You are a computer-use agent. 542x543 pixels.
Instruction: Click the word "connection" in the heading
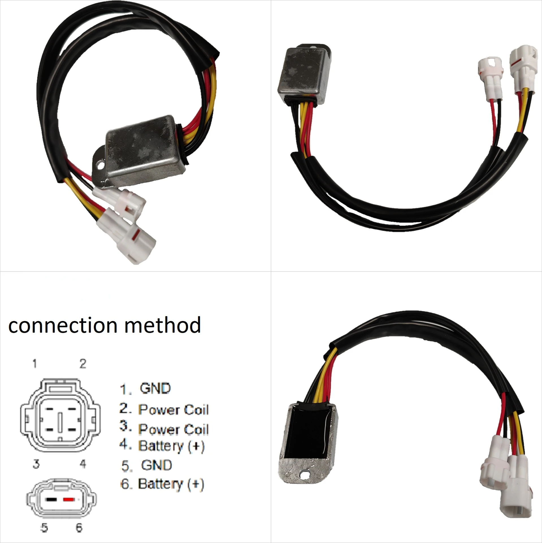pos(63,325)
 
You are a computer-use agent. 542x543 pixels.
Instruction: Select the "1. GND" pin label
pos(146,389)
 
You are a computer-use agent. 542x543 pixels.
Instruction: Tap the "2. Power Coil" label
pos(164,409)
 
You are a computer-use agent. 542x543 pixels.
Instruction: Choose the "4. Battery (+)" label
pos(162,446)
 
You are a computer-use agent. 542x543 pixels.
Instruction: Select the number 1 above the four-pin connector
pos(35,363)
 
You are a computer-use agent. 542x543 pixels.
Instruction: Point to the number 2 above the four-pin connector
pos(83,363)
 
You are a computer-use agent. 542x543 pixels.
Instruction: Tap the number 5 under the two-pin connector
pos(44,527)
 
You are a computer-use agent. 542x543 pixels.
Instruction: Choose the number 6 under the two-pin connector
pos(79,527)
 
